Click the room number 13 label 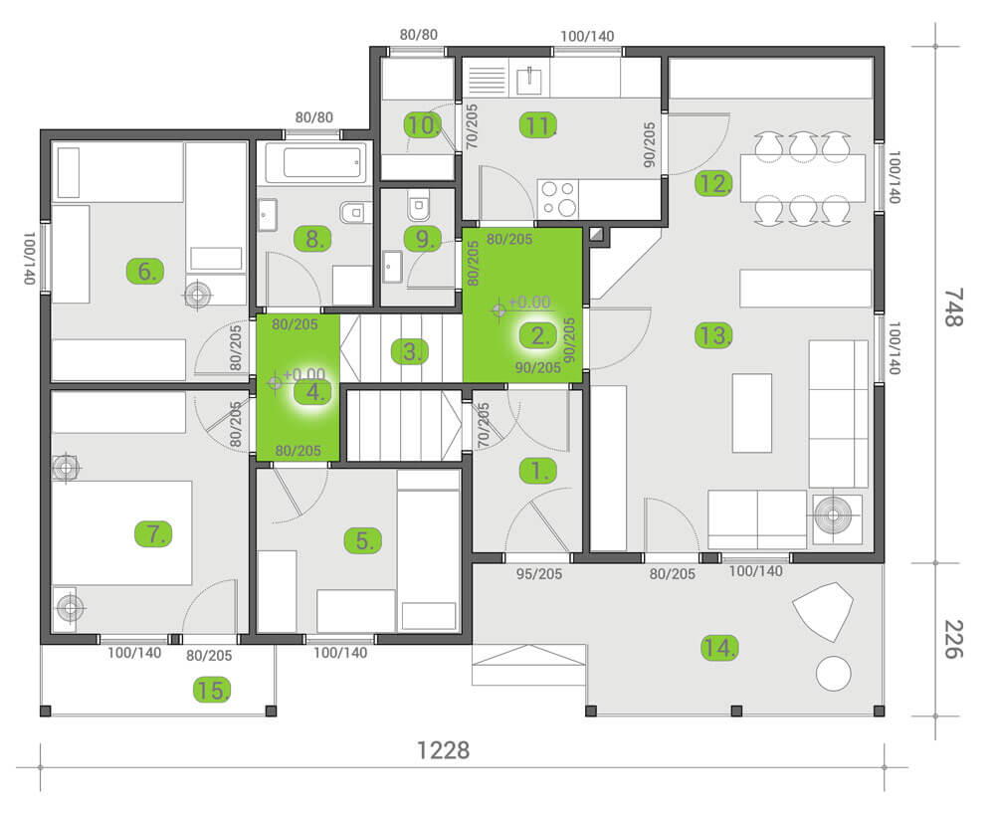point(713,335)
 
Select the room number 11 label point(538,125)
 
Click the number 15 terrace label point(211,690)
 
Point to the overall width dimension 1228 point(443,750)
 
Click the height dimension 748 point(953,307)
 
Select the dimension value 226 point(953,639)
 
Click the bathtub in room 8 point(315,163)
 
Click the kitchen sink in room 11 point(529,80)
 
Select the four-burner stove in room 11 point(558,199)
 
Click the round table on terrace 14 point(833,674)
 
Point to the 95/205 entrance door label point(538,574)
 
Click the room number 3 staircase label point(409,351)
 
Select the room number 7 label point(153,533)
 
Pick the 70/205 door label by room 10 point(472,127)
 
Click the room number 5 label point(363,540)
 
